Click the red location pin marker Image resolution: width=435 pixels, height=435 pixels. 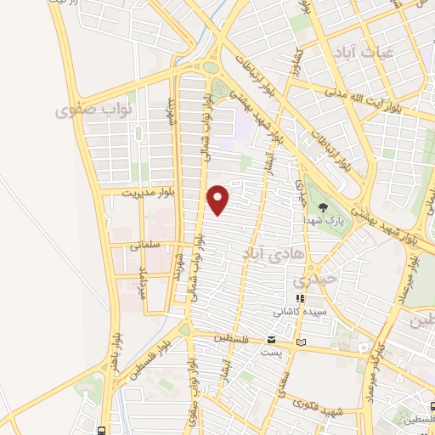point(219,199)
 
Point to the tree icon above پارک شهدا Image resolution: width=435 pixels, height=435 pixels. point(322,206)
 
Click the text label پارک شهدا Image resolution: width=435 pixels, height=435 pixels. point(322,219)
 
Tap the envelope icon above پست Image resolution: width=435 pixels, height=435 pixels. point(270,340)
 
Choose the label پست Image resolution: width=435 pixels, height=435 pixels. point(270,352)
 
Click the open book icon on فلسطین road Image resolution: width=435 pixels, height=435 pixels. point(300,342)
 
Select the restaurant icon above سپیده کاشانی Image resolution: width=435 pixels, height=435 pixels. point(299,299)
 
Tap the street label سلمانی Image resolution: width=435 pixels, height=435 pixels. point(146,245)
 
